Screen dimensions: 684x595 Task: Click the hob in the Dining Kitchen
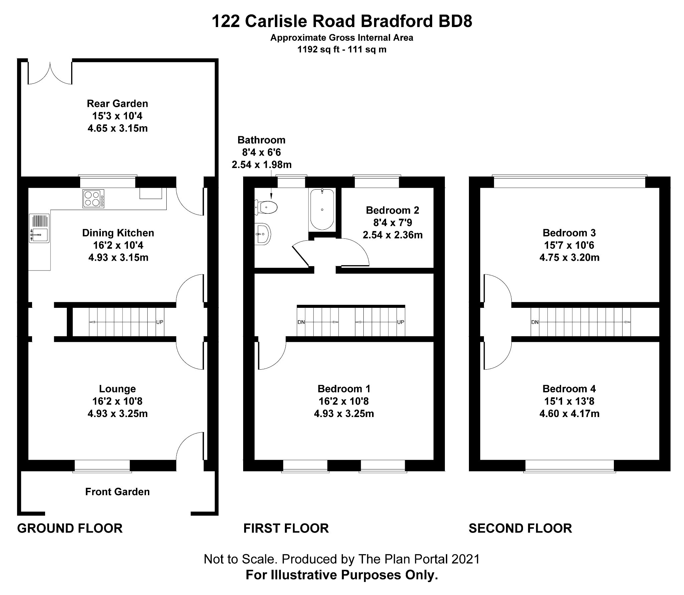tap(93, 199)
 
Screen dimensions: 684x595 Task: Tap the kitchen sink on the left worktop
tap(39, 228)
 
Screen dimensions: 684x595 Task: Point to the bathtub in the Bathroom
tap(322, 209)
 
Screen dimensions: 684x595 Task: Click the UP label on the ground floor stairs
tap(160, 322)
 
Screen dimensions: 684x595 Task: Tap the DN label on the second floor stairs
tap(535, 322)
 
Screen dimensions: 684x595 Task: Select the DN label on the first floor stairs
tap(301, 322)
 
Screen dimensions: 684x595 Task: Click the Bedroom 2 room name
tap(392, 210)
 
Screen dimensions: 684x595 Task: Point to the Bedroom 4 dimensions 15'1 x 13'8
tap(569, 401)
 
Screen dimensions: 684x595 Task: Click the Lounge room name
tap(118, 389)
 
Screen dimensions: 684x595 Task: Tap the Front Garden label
tap(118, 491)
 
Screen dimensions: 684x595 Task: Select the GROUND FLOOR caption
tap(70, 528)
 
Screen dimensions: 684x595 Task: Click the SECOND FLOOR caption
tap(520, 528)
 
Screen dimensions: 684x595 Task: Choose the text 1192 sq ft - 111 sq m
tap(342, 49)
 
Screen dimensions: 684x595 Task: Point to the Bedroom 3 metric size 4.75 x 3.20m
tap(569, 257)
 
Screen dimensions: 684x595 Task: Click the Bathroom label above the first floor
tap(262, 140)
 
